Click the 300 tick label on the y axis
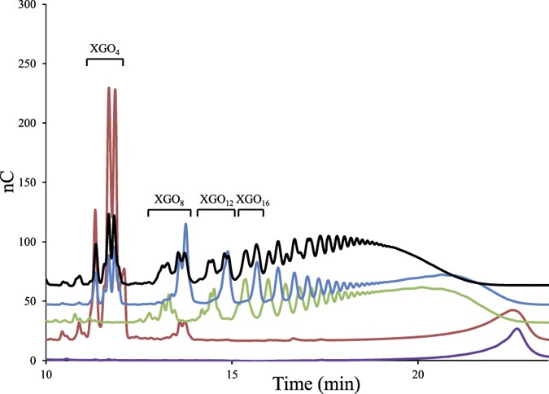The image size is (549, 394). tap(28, 5)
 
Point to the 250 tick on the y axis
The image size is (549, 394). tap(28, 63)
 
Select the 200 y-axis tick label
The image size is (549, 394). tap(28, 123)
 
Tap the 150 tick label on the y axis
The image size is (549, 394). tap(28, 182)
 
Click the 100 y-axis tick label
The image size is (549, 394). tap(28, 242)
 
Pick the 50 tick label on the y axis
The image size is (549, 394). tap(32, 301)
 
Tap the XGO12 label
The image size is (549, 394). tap(216, 199)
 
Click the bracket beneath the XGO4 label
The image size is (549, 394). tap(105, 61)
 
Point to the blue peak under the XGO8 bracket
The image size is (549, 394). tap(185, 224)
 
